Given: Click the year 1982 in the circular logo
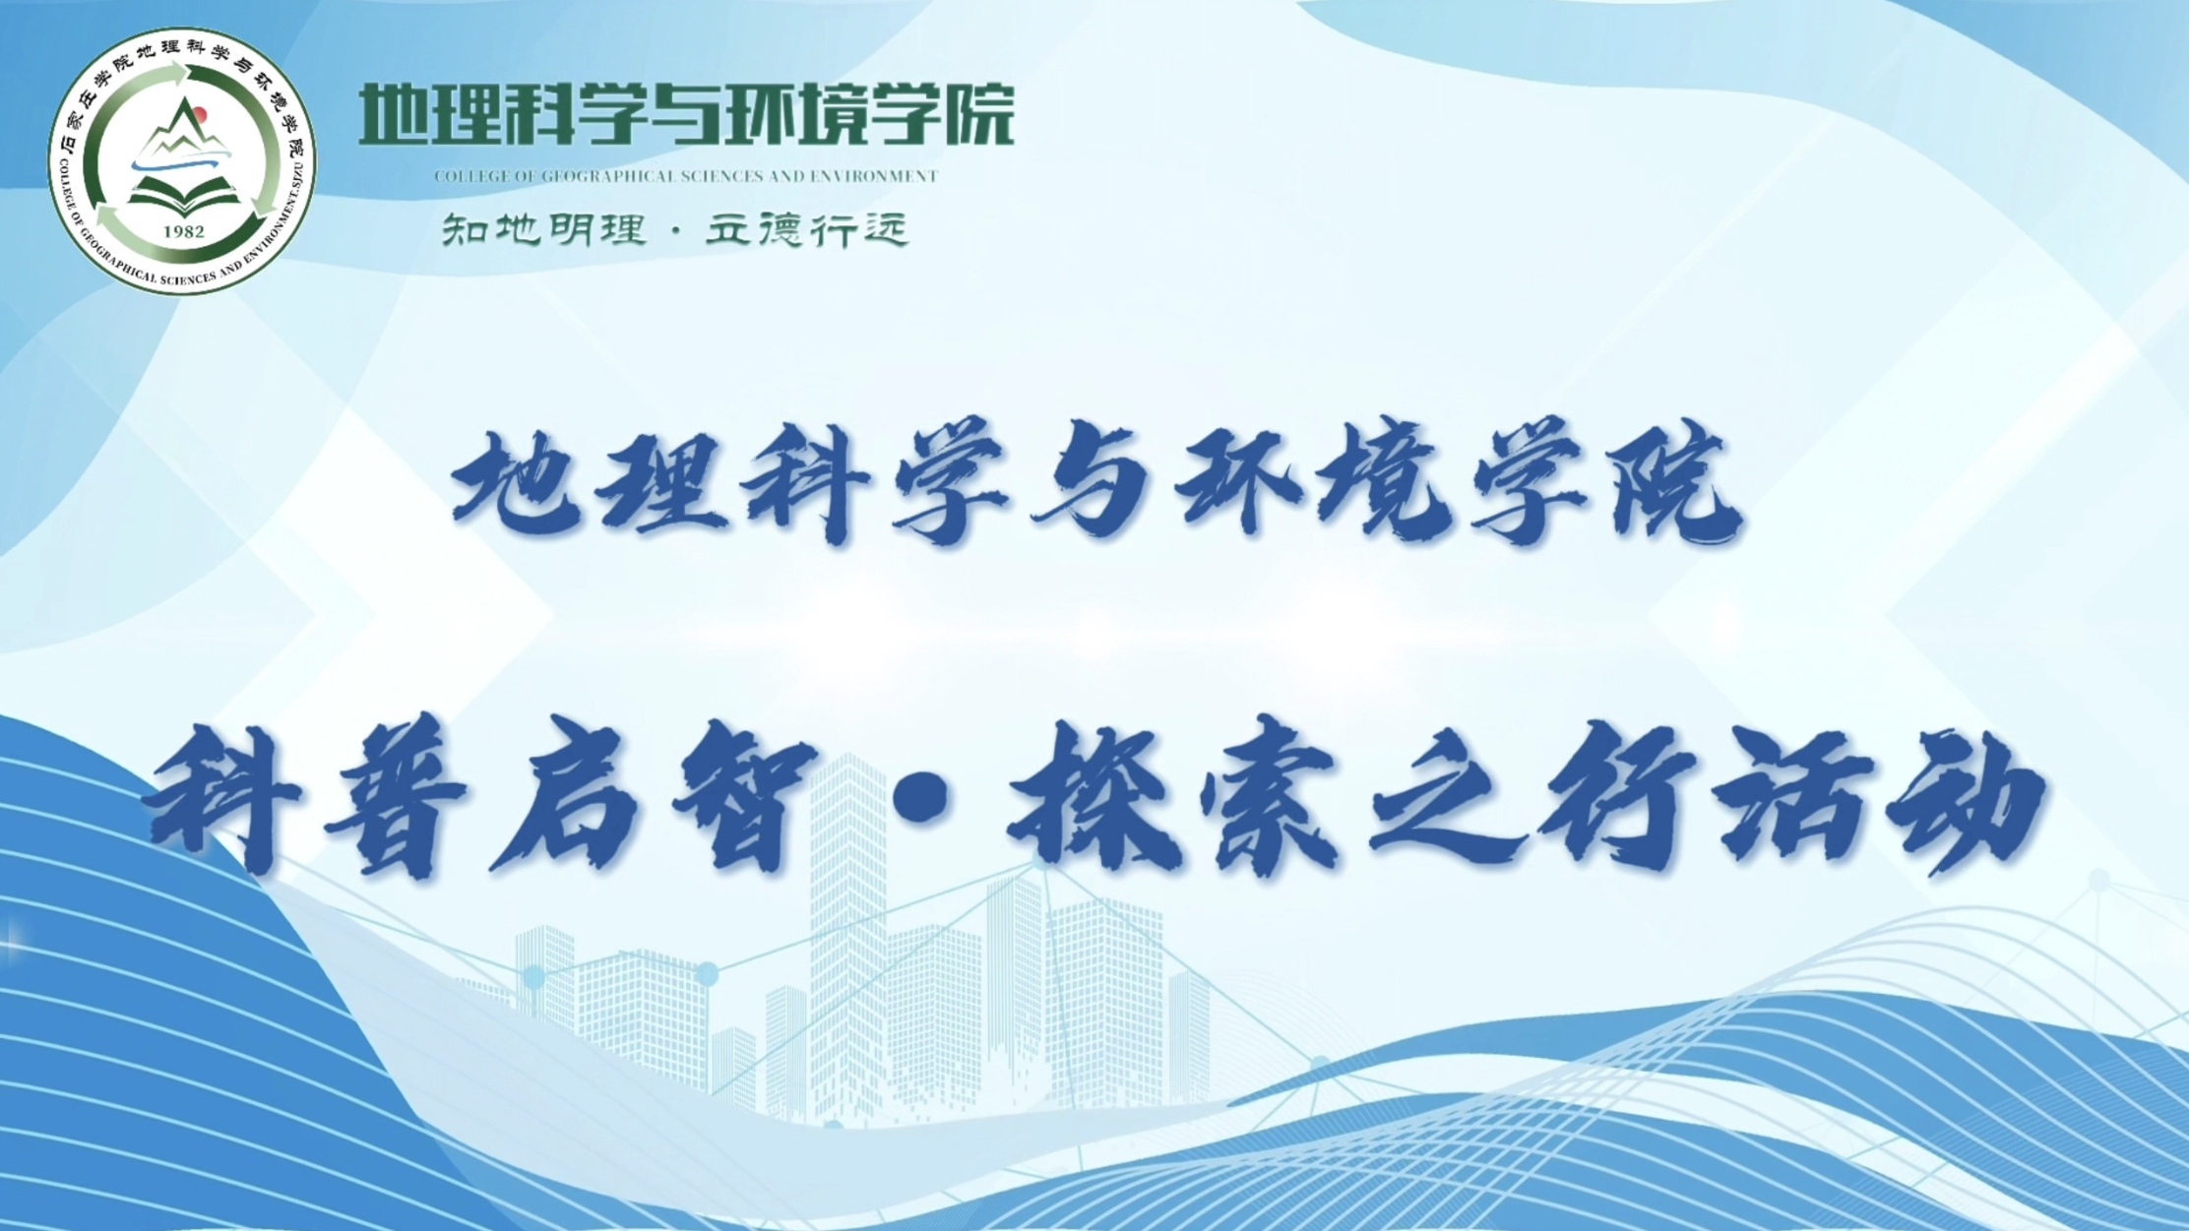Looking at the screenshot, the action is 184,232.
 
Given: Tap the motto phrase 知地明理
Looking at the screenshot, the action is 543,230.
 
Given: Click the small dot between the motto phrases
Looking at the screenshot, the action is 675,232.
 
